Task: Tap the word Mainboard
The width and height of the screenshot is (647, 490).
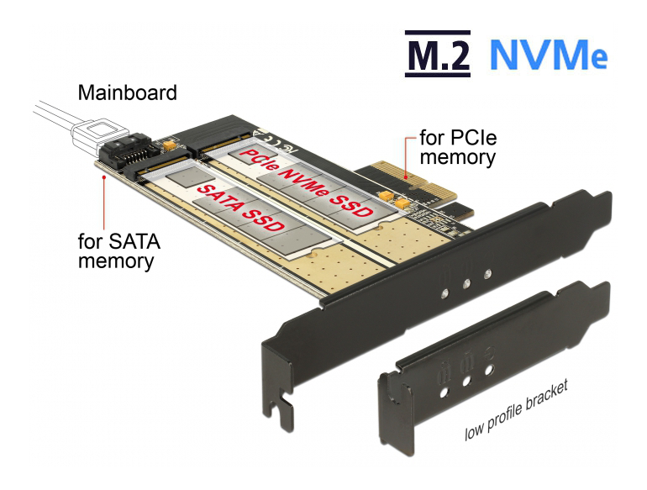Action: [127, 92]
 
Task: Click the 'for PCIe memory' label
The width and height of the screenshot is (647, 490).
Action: [457, 146]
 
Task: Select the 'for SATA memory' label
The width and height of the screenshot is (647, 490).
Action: [118, 250]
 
